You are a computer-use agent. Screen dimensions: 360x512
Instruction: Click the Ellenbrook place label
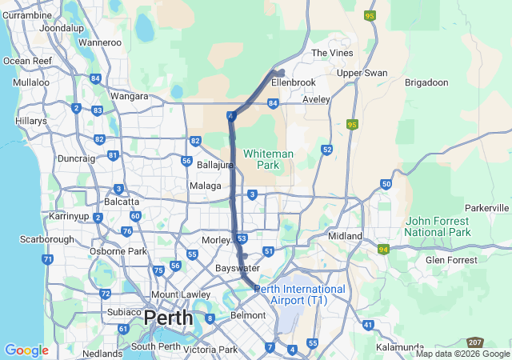(294, 82)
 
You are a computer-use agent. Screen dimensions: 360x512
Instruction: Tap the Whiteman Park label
(268, 158)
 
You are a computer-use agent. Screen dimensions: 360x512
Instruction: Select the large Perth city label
(168, 318)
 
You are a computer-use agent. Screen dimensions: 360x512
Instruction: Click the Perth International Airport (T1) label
(299, 294)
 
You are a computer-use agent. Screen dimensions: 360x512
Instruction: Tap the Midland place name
(345, 236)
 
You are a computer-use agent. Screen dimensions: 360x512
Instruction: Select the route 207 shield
(475, 342)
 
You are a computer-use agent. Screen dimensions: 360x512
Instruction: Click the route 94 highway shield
(383, 250)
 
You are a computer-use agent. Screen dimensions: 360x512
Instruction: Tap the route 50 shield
(386, 184)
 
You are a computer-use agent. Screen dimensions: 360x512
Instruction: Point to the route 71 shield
(48, 259)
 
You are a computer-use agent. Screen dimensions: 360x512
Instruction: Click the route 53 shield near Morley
(242, 238)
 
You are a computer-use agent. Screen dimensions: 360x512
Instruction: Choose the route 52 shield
(326, 150)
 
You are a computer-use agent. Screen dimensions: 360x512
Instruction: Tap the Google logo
(26, 350)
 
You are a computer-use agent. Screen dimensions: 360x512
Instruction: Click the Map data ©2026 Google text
(462, 354)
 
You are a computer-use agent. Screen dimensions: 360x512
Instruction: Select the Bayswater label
(238, 268)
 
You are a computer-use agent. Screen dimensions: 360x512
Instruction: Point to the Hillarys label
(30, 120)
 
